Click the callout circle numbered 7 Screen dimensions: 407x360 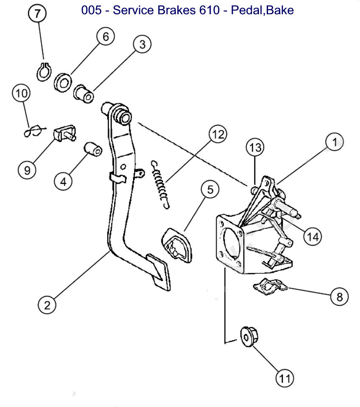(x=38, y=14)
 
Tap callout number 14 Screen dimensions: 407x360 (x=313, y=236)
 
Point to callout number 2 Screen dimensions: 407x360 (x=47, y=304)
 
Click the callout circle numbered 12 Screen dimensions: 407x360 (x=217, y=135)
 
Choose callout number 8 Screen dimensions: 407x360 (x=339, y=297)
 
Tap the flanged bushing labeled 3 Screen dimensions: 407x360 (x=84, y=93)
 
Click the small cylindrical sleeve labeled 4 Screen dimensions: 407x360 (x=92, y=150)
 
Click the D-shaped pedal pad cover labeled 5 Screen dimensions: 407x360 (x=177, y=245)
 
